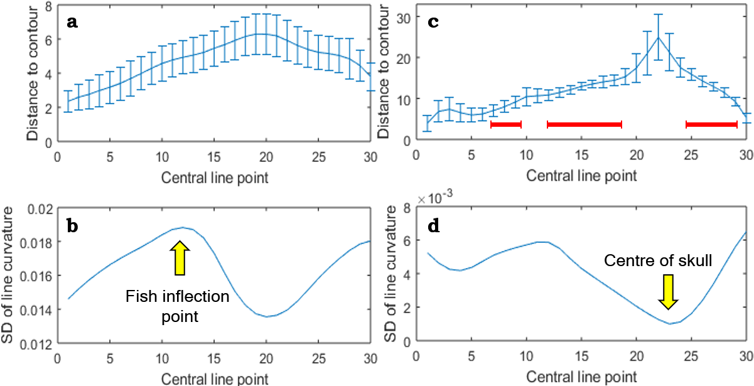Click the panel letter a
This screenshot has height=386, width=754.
pyautogui.click(x=73, y=22)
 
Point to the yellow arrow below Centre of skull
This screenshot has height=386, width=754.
pyautogui.click(x=669, y=291)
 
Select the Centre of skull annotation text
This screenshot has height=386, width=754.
pyautogui.click(x=658, y=260)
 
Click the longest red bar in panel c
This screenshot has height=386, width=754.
pyautogui.click(x=584, y=124)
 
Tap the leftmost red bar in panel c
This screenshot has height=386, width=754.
pyautogui.click(x=506, y=124)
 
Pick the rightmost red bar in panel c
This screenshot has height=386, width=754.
pyautogui.click(x=711, y=124)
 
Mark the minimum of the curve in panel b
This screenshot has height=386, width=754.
pyautogui.click(x=266, y=316)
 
